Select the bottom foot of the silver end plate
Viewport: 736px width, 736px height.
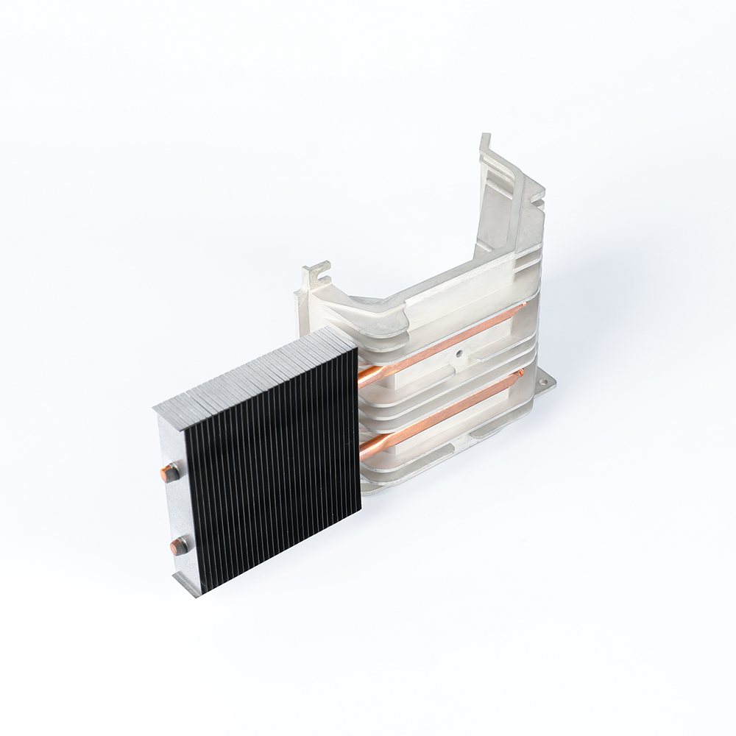click(188, 585)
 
